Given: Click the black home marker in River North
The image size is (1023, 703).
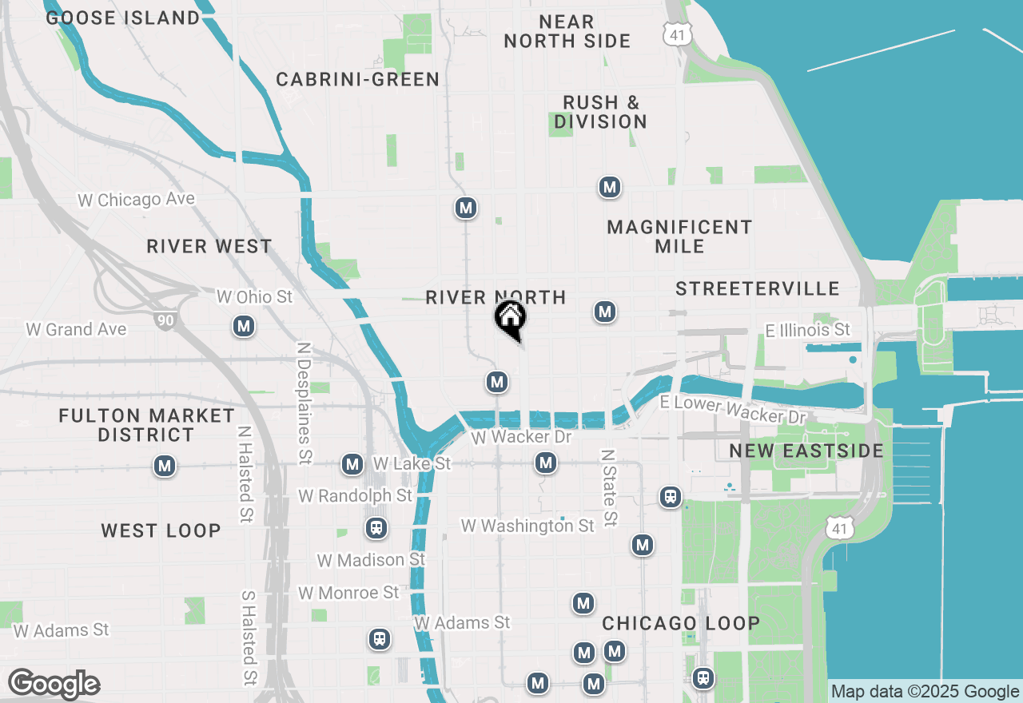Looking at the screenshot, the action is (510, 318).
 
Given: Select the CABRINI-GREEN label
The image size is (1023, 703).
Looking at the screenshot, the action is (357, 79).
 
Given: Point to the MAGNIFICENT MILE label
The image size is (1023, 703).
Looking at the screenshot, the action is (679, 236).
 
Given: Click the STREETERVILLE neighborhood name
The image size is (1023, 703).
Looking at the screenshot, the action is (757, 288).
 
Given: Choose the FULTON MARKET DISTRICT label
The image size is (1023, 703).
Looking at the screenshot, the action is (146, 425).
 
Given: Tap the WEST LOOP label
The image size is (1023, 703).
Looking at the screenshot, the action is (161, 530).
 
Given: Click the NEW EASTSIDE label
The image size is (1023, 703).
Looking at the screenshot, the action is (806, 451).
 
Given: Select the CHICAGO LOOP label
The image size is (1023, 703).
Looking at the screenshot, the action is (680, 623).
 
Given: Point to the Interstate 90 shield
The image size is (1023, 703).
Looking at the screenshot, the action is (165, 320).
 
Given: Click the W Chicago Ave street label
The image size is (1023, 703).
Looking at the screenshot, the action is (136, 200).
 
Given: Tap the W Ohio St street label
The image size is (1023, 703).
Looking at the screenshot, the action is (255, 297).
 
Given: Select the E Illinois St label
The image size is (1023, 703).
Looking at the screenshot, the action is (807, 330).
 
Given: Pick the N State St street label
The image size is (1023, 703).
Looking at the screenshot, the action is (609, 487).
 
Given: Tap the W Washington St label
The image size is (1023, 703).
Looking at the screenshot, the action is (527, 526).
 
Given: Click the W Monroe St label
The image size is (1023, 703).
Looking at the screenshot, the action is (348, 593).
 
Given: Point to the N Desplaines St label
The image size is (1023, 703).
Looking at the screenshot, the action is (304, 404).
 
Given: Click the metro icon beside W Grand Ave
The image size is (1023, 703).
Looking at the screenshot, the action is (244, 326).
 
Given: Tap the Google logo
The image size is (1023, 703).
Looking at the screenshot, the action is (54, 685).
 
